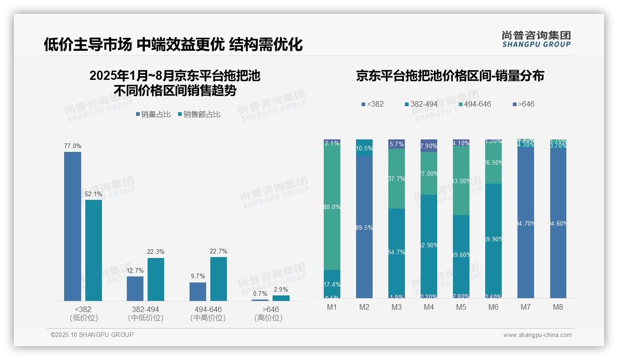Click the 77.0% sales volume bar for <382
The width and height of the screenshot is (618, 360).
[72, 226]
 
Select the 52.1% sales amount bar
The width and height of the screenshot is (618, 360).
[94, 250]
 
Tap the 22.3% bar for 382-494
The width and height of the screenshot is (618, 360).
[156, 279]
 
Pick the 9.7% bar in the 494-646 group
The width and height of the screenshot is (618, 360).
[198, 292]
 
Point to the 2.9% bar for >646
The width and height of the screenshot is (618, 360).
[281, 298]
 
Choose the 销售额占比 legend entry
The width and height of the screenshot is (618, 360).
[199, 114]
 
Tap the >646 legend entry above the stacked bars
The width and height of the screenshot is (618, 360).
[523, 104]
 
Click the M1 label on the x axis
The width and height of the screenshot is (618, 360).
[333, 307]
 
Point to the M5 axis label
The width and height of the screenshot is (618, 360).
[461, 307]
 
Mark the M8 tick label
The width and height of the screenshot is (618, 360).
[558, 307]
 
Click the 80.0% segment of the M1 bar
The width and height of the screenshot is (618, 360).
[333, 207]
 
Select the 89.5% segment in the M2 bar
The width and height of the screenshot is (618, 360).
[364, 227]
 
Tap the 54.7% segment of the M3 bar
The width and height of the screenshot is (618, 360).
[397, 252]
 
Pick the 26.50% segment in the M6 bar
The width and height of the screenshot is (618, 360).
[493, 162]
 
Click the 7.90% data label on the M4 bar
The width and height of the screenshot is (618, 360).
[429, 146]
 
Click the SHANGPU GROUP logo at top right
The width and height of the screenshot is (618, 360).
[536, 39]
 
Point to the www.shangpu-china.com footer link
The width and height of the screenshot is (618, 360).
[537, 335]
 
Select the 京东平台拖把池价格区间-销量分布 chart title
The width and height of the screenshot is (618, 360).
[450, 76]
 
